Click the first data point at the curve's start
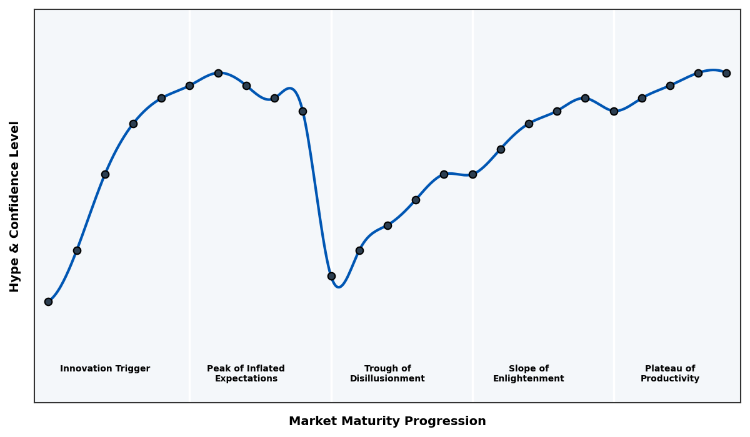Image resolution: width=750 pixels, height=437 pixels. coord(48,302)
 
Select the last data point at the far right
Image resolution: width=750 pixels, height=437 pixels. coord(726,73)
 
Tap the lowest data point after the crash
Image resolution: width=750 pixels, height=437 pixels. coord(331,276)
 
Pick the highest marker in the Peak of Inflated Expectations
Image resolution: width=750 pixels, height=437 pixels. coord(218,73)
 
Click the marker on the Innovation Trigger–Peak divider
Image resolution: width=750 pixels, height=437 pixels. coord(189,86)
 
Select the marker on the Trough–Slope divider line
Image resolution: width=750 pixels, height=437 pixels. coord(472,174)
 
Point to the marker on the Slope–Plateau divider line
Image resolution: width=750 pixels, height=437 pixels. coord(614,111)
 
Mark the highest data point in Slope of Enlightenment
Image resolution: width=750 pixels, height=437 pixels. coord(585,98)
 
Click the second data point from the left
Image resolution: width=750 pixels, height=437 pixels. coord(77,250)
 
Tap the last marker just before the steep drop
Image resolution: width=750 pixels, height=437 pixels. coord(302,111)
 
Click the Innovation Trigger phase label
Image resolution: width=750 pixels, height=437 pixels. coord(105,369)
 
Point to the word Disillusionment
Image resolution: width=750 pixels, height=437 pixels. coord(387,379)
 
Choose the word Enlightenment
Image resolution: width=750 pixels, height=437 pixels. coord(529,379)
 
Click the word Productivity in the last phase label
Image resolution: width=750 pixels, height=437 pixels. coord(670,379)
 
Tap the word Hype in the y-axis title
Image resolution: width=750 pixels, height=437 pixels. coord(15,277)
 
